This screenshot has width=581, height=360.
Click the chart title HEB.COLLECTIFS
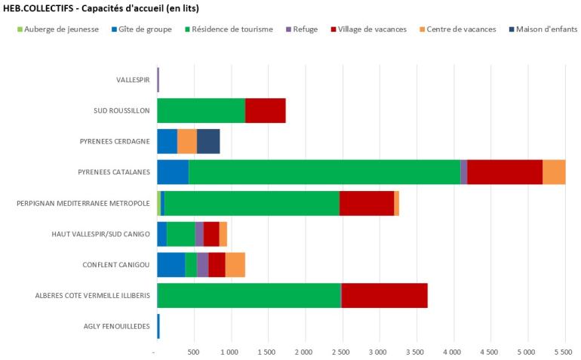106,8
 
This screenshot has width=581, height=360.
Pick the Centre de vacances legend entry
461,29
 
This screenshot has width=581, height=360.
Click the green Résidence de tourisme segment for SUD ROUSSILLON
201,110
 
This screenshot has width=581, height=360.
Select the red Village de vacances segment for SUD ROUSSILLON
266,110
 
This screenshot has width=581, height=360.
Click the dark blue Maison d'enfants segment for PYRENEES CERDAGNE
208,141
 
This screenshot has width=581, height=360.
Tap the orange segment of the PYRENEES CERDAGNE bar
187,141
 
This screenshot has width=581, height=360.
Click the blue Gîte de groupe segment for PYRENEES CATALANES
173,172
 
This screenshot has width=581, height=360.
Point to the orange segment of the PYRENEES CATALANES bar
554,172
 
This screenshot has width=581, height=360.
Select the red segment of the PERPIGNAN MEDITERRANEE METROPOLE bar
367,203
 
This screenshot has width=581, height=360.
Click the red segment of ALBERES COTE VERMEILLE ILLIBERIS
385,295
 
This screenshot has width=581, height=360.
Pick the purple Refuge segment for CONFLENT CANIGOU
203,265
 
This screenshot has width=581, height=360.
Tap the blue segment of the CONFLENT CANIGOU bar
171,265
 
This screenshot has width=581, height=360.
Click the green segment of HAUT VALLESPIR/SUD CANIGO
181,234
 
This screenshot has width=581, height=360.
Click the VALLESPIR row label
133,79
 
